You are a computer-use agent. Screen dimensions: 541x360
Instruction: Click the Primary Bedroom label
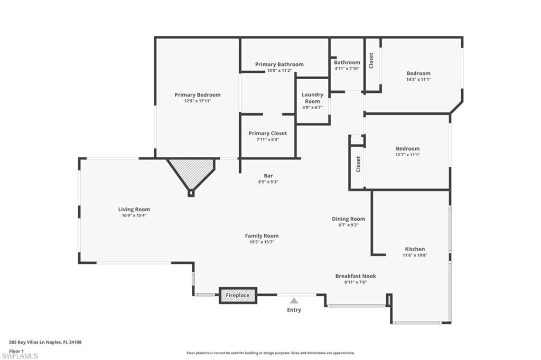pos(198,95)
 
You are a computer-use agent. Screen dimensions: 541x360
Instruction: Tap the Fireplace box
pos(238,296)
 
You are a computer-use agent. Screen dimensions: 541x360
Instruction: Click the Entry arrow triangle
pos(294,301)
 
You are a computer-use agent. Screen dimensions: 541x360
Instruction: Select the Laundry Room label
pos(313,98)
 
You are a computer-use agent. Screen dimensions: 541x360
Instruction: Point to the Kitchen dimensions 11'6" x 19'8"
pos(415,255)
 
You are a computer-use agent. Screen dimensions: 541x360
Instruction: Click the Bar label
pos(268,176)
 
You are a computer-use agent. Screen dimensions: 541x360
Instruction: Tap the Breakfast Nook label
pos(356,276)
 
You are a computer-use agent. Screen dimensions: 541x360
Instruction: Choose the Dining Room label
pos(349,219)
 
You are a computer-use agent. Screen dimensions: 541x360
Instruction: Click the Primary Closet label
pos(268,133)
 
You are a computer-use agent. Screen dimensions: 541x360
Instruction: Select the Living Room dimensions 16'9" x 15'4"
pos(134,215)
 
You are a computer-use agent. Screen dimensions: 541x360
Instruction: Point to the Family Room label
pos(262,236)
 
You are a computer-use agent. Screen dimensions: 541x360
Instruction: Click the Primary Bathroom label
pos(279,64)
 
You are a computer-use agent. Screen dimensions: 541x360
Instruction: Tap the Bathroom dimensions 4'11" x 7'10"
pos(347,69)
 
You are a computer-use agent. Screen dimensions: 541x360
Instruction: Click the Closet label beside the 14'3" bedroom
pos(371,60)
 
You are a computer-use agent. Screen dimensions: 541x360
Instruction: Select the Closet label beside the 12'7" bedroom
pos(358,164)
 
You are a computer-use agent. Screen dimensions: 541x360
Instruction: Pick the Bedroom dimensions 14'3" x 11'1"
pos(418,79)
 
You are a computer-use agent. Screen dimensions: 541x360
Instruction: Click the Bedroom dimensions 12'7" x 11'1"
pos(408,155)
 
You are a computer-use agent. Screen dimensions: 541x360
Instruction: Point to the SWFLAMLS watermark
pos(20,356)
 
